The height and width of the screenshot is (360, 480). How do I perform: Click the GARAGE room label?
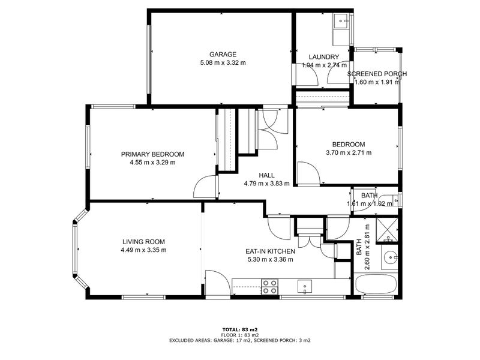[223, 55]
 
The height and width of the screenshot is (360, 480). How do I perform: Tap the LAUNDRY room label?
[324, 57]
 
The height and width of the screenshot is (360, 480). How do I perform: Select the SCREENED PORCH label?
[377, 74]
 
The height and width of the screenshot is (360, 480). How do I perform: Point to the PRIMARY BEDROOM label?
[153, 154]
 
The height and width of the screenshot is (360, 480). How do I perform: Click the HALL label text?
[266, 175]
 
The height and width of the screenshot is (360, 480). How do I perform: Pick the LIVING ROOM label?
[144, 242]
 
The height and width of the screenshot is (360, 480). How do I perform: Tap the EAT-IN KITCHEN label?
[271, 251]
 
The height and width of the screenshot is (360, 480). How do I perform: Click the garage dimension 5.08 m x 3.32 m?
[223, 63]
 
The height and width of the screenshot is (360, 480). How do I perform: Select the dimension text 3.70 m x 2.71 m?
[349, 152]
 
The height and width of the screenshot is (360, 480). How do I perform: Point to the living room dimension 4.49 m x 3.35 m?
[144, 250]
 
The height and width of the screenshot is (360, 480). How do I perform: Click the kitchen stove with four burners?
[269, 287]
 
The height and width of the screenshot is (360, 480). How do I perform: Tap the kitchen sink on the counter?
[305, 287]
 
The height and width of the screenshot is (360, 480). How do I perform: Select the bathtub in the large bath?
[376, 284]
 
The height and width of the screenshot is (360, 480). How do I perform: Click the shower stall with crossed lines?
[387, 230]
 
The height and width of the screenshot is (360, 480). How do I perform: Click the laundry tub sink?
[341, 21]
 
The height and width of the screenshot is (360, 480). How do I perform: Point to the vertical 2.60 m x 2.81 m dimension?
[363, 247]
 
